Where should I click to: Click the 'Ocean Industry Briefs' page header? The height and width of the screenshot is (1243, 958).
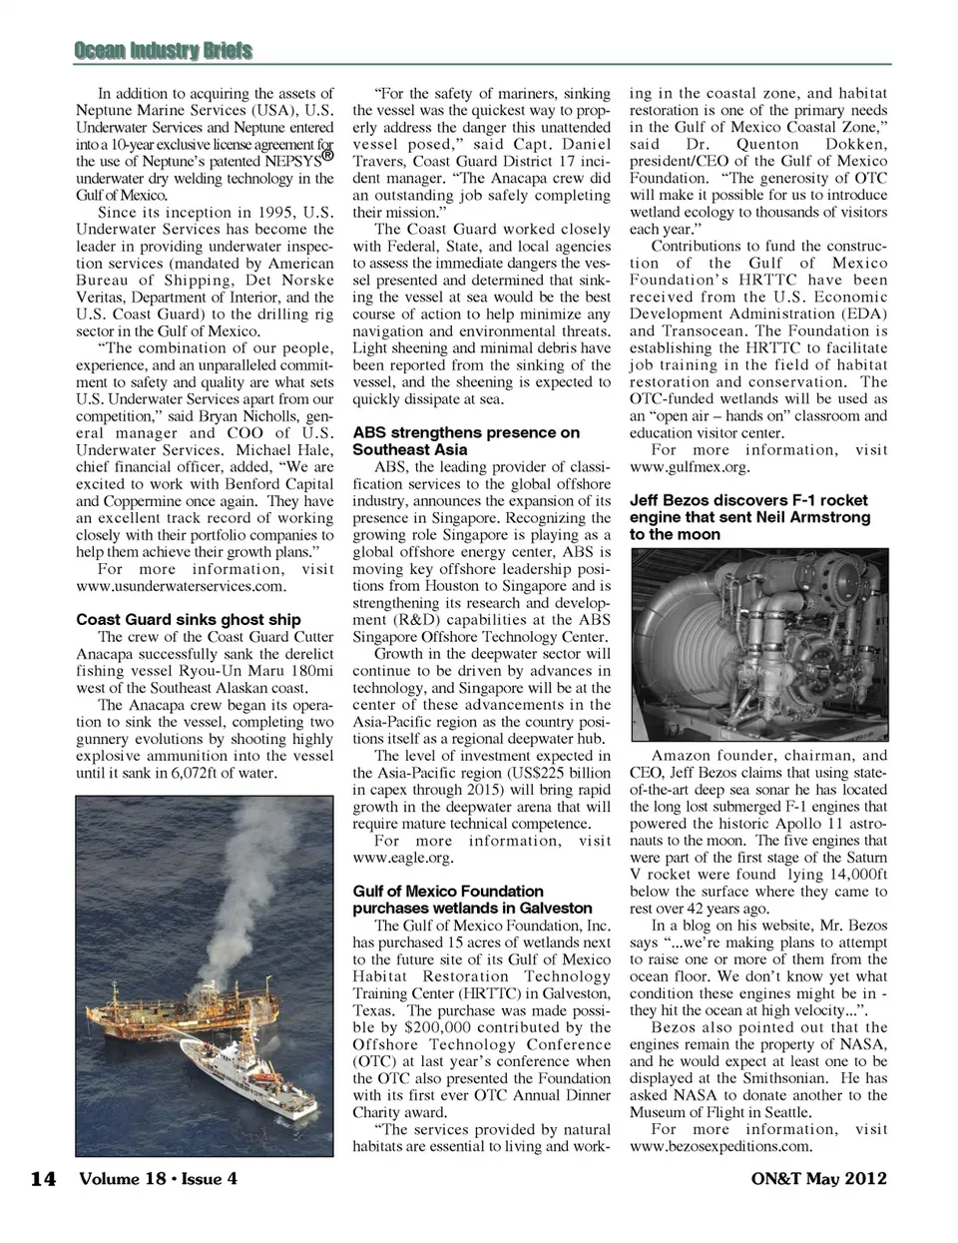[x=163, y=50]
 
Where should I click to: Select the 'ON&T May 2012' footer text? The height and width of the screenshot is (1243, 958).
[x=818, y=1178]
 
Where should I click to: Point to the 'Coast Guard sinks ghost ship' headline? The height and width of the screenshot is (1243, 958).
[x=189, y=619]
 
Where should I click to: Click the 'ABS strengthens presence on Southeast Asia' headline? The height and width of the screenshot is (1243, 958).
[x=466, y=441]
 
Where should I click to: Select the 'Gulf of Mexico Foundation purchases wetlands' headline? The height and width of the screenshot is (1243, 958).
[x=472, y=900]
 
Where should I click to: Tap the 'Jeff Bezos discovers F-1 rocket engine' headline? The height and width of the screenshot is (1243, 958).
[x=749, y=517]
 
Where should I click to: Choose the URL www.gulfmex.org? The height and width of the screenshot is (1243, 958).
[x=689, y=466]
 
